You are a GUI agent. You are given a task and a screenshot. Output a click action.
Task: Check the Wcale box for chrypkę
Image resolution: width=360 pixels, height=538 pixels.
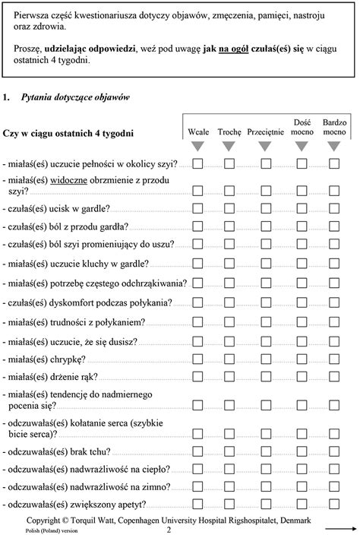pyautogui.click(x=197, y=359)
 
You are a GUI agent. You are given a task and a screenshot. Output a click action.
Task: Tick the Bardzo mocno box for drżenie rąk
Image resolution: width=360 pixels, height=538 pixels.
pyautogui.click(x=335, y=378)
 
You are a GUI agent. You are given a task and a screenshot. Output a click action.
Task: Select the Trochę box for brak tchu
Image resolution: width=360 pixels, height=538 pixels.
pyautogui.click(x=229, y=451)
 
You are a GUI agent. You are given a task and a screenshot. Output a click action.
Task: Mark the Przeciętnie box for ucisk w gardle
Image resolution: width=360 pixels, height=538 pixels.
pyautogui.click(x=266, y=208)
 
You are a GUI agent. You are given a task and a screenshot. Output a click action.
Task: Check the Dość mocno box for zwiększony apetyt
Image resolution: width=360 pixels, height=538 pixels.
pyautogui.click(x=302, y=505)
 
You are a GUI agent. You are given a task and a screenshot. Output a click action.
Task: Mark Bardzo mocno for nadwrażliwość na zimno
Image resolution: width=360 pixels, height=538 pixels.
pyautogui.click(x=335, y=487)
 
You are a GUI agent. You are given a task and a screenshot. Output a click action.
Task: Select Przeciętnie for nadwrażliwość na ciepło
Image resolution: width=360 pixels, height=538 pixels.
pyautogui.click(x=266, y=469)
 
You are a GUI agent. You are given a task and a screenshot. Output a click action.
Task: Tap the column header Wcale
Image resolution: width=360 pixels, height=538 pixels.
pyautogui.click(x=197, y=131)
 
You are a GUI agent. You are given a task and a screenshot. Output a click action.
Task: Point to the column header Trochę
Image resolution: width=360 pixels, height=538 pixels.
pyautogui.click(x=229, y=131)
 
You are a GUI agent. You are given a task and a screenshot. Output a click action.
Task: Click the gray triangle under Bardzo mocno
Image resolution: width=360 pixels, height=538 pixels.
pyautogui.click(x=335, y=146)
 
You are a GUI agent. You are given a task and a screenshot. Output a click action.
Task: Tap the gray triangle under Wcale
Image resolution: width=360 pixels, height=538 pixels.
pyautogui.click(x=197, y=146)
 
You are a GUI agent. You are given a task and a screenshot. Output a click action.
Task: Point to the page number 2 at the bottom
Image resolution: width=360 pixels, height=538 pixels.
pyautogui.click(x=168, y=530)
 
